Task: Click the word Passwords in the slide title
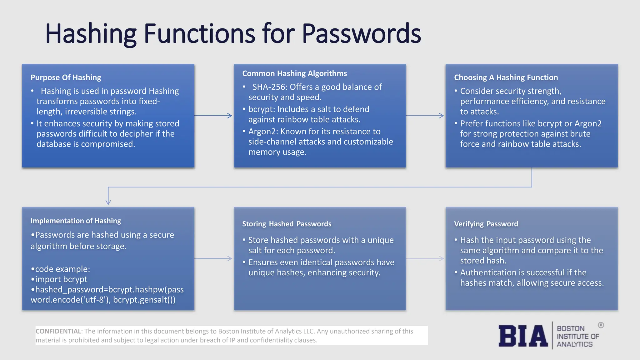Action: (361, 33)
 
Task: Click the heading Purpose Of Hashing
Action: (66, 77)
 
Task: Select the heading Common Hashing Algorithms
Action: (294, 73)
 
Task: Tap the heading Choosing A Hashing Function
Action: (506, 77)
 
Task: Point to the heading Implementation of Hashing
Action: (76, 221)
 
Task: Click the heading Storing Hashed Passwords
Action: (287, 224)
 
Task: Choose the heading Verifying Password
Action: (486, 224)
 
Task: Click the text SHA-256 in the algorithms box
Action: (269, 87)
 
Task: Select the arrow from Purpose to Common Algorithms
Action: (213, 116)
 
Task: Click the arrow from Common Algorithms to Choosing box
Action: (425, 116)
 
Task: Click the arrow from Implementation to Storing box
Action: (213, 259)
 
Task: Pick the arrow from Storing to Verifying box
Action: (425, 259)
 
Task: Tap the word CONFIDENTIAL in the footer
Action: (58, 331)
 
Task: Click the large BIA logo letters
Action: (523, 336)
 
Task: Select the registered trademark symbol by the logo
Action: (601, 325)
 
